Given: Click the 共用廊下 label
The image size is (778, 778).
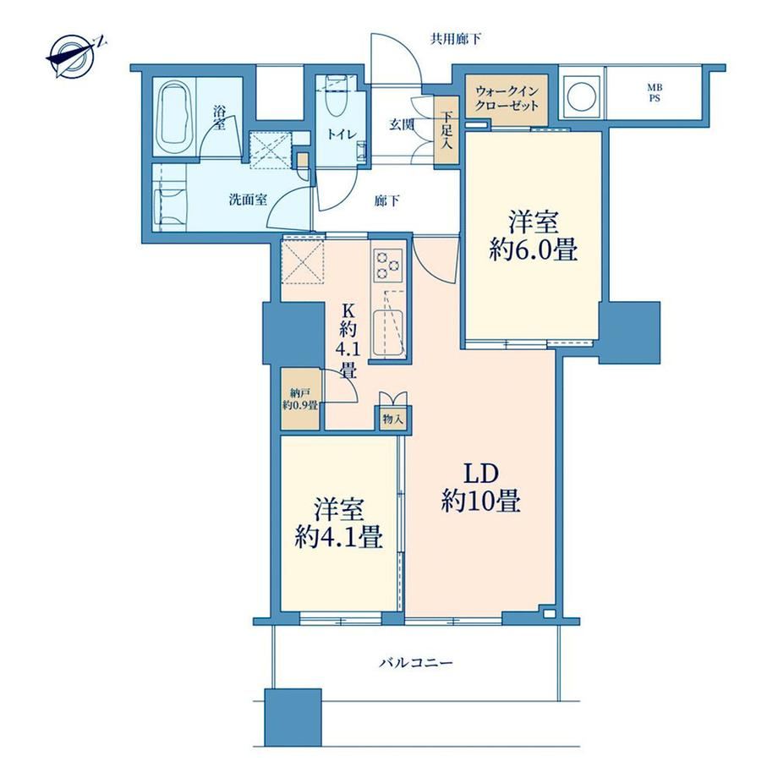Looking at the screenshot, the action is click(456, 39).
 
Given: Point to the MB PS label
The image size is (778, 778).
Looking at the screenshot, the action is click(655, 93).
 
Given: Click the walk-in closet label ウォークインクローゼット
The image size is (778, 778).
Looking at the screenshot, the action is click(507, 98).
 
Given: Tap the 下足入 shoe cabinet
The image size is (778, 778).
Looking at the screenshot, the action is click(447, 131).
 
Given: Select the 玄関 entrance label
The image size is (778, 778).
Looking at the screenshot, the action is click(401, 124).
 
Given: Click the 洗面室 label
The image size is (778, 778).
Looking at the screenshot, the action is click(248, 200).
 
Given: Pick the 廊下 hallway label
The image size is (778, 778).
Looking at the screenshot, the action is click(387, 201).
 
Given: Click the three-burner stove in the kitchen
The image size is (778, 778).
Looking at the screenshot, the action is click(388, 266).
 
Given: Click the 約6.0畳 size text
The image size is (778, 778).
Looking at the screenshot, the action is click(534, 251).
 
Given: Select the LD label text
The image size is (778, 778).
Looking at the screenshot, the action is click(481, 474).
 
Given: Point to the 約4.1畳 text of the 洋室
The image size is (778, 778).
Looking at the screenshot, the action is click(339, 537).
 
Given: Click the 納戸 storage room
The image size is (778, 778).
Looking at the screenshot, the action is click(299, 399).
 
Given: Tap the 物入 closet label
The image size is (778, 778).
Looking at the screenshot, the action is click(392, 419).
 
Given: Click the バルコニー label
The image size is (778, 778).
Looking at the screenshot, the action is click(416, 662).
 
